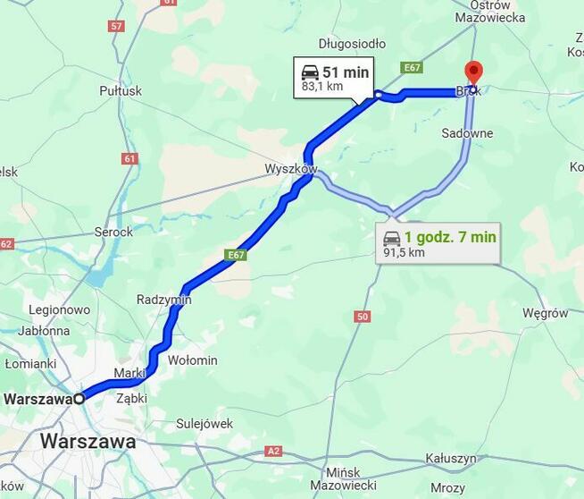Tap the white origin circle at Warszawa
[x=79, y=399]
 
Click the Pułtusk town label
[x=121, y=90]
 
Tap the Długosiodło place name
[x=352, y=43]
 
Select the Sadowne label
[x=467, y=133]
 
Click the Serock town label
[x=113, y=232]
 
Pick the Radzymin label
[x=163, y=300]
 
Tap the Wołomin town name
[x=193, y=360]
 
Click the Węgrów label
[x=545, y=313]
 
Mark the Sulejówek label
[x=204, y=423]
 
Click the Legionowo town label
[x=60, y=309]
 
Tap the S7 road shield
[x=116, y=26]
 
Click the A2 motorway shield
[x=274, y=452]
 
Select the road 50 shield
[x=362, y=317]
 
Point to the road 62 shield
[x=6, y=244]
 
